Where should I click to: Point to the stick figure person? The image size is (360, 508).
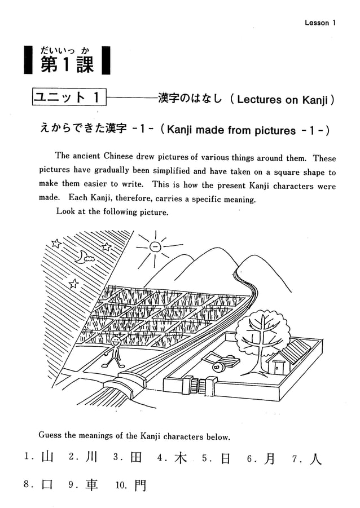coord(115,350)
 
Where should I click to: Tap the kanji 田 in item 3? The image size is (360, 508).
coord(135,458)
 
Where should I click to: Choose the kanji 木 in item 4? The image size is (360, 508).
coord(181,458)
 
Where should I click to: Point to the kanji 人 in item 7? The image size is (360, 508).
coord(315,458)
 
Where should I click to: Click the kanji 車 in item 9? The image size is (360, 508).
coord(91,484)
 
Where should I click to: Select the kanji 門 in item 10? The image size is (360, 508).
coord(139,485)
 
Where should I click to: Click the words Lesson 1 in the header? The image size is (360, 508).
coord(320,23)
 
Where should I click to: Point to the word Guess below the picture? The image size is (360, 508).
coord(50,436)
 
